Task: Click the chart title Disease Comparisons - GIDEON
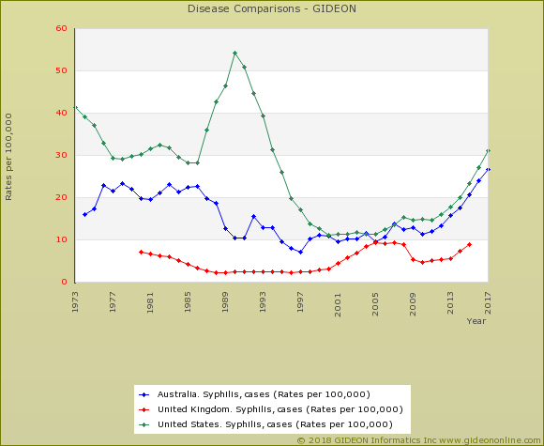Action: tap(272, 10)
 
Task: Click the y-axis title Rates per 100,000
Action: tap(9, 156)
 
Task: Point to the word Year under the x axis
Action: tap(476, 321)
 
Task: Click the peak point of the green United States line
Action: tap(234, 53)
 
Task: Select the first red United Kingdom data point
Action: tap(141, 252)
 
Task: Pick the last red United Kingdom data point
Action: tap(469, 244)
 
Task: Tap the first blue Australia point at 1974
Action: tap(84, 214)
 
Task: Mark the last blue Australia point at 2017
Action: tap(488, 169)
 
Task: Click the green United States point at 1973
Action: tap(75, 107)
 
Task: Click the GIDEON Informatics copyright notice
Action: tap(418, 439)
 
